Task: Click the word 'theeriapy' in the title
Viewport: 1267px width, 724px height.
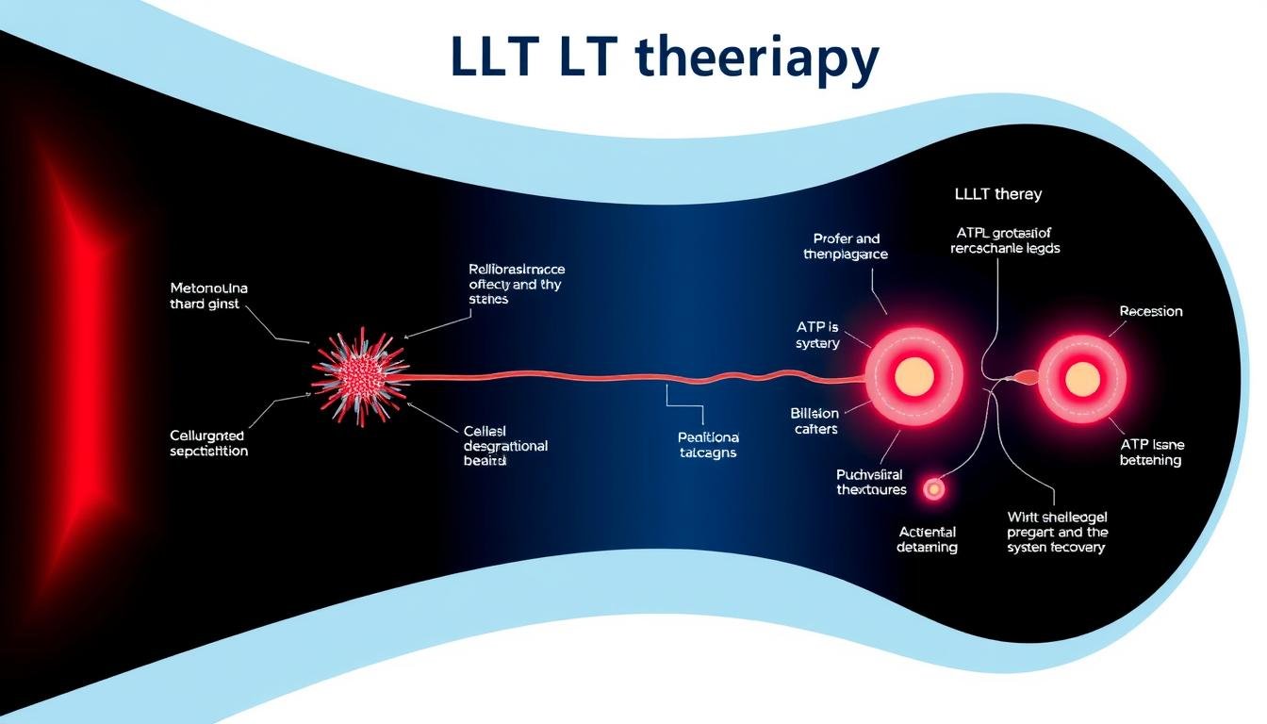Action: pyautogui.click(x=758, y=58)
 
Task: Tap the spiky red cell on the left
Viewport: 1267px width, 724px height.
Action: pyautogui.click(x=359, y=374)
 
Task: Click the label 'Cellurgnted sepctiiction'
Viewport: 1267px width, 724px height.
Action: pyautogui.click(x=208, y=443)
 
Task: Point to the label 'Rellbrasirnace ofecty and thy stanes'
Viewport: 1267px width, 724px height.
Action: pyautogui.click(x=517, y=284)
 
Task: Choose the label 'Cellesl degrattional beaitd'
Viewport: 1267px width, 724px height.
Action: pyautogui.click(x=505, y=446)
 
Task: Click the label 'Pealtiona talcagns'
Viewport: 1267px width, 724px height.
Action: pyautogui.click(x=707, y=445)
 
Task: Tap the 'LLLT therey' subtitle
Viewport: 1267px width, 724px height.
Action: pyautogui.click(x=997, y=194)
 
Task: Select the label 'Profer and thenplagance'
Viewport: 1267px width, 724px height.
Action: pyautogui.click(x=846, y=246)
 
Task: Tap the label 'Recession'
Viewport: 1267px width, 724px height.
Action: pyautogui.click(x=1150, y=311)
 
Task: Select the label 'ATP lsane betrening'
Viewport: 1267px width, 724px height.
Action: pyautogui.click(x=1150, y=452)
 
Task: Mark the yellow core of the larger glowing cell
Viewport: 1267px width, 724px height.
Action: pyautogui.click(x=913, y=377)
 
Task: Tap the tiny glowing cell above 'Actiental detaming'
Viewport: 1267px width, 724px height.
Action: pyautogui.click(x=933, y=488)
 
